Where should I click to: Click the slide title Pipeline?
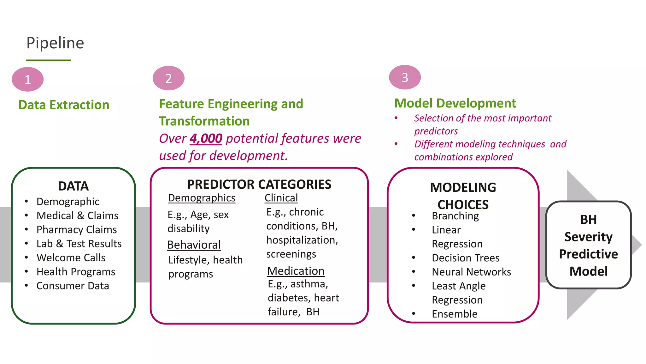pos(55,43)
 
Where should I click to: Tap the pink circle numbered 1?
pos(27,79)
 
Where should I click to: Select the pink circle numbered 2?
pos(168,78)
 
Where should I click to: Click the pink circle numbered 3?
pos(405,77)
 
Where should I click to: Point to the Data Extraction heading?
pos(64,105)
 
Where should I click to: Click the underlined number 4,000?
pos(206,138)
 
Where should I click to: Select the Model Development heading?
pos(455,103)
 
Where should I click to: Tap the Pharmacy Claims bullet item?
pos(76,230)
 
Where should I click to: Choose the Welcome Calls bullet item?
pos(71,258)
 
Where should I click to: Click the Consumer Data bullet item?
pos(73,286)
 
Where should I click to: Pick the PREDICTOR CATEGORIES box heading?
pos(259,185)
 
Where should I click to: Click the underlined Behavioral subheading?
pos(194,245)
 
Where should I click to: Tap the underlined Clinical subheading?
pos(281,198)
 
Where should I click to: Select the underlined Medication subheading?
pos(296,271)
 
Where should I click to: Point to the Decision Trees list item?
pos(466,258)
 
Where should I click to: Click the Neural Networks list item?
pos(471,272)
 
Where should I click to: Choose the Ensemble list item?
pos(455,314)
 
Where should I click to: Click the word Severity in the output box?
pos(588,237)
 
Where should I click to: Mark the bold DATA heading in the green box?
pos(73,186)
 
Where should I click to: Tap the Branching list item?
pos(455,216)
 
